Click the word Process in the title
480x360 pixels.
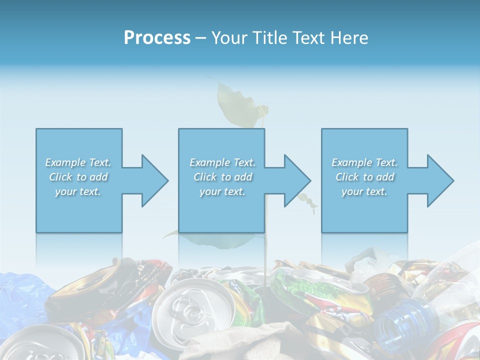point(157,38)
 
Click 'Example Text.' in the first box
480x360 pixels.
point(78,162)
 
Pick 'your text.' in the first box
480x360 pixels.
point(78,191)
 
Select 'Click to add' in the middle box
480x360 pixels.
point(222,177)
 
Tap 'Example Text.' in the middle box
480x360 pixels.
point(222,162)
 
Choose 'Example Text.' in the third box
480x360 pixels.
point(364,162)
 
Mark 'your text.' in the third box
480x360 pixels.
point(364,191)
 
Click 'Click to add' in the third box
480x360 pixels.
point(364,177)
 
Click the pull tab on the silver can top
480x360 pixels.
point(186,309)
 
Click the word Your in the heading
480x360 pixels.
point(229,38)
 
